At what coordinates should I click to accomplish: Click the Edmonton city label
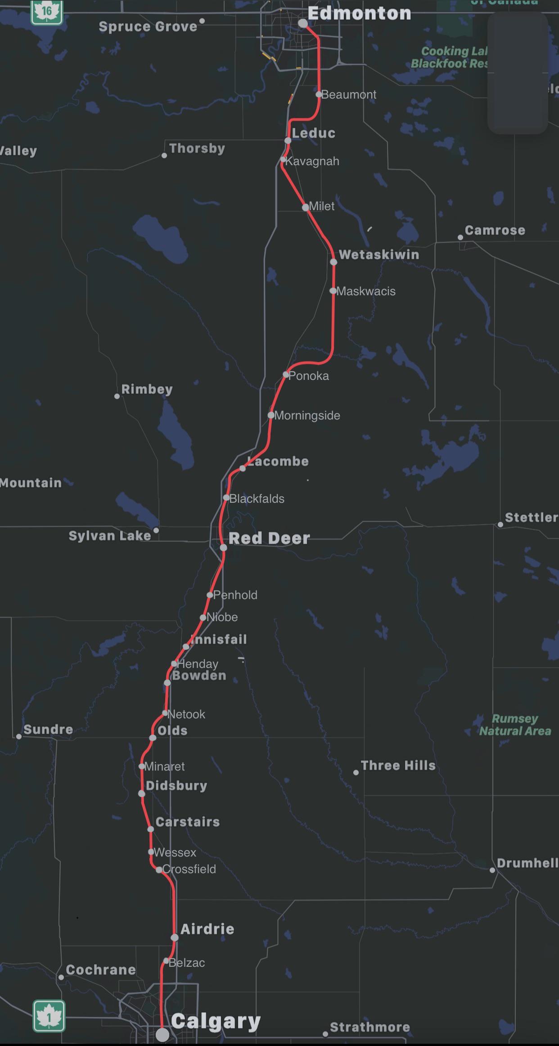tap(359, 13)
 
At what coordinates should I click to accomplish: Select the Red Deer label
tap(269, 538)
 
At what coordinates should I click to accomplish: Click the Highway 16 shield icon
tap(47, 11)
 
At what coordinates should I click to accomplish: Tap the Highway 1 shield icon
tap(49, 1016)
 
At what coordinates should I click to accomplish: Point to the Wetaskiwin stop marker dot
tap(334, 261)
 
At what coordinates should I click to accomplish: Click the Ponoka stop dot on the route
tap(286, 374)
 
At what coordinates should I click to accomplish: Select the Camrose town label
tap(495, 230)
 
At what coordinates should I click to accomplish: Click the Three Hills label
tap(398, 766)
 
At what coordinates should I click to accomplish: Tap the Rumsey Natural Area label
tap(515, 725)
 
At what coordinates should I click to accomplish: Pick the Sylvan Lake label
tap(109, 536)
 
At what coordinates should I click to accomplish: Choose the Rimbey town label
tap(147, 389)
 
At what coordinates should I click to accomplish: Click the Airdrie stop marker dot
tap(175, 938)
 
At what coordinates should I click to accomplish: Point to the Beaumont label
tap(349, 95)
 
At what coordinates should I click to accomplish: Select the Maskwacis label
tap(366, 291)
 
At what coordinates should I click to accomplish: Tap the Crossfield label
tap(189, 869)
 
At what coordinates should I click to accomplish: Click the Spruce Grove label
tap(148, 27)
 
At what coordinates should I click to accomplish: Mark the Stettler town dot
tap(500, 524)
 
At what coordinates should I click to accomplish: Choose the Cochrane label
tap(101, 970)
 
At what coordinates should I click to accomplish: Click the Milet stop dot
tap(306, 207)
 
